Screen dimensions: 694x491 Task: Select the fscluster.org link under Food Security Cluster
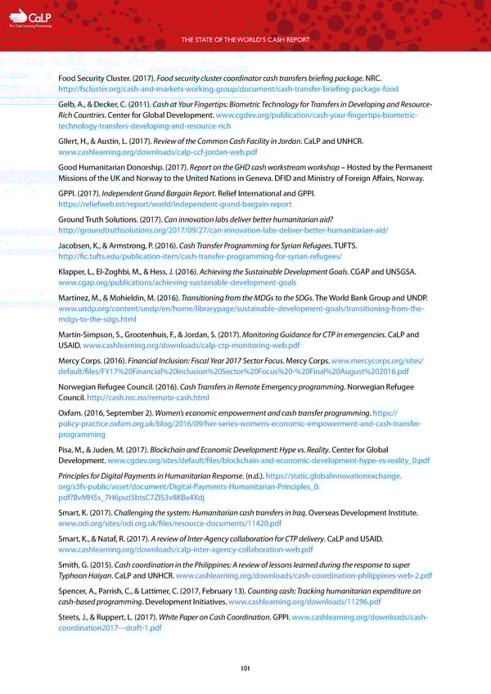tap(228, 88)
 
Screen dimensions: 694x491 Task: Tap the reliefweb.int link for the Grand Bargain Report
tap(175, 204)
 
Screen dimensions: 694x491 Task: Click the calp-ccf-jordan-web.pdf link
tap(158, 152)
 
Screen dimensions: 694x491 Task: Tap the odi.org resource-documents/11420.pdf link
tap(170, 523)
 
